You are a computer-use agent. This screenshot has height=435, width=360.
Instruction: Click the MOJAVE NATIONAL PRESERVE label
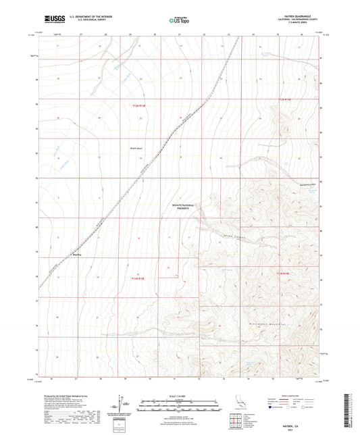(179, 207)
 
